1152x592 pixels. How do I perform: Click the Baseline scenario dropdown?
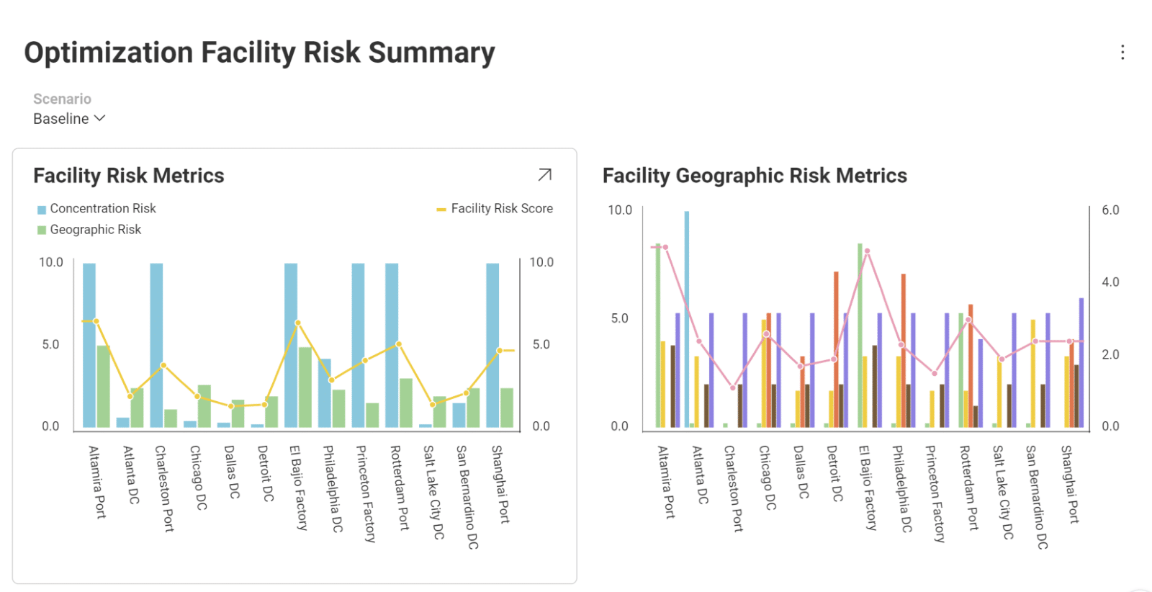(x=69, y=119)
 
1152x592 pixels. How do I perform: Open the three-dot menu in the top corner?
(x=1122, y=53)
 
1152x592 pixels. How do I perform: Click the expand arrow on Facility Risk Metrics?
(x=545, y=175)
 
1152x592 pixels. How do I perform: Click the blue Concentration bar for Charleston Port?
(x=156, y=346)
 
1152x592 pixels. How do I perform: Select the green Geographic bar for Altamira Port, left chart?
(x=104, y=387)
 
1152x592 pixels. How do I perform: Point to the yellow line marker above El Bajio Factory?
(x=298, y=323)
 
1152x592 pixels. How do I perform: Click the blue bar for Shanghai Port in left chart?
(x=492, y=346)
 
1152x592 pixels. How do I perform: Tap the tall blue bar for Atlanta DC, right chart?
(x=687, y=317)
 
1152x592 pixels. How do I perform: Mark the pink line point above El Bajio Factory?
(x=868, y=251)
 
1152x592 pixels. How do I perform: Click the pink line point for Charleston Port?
(x=733, y=387)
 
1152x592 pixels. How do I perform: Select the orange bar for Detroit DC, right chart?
(x=836, y=349)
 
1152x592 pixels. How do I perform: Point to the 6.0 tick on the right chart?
(x=1110, y=210)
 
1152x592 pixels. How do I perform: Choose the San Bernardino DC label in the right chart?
(x=1036, y=497)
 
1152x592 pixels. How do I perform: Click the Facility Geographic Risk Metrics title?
(x=755, y=176)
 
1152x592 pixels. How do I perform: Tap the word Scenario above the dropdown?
(x=62, y=99)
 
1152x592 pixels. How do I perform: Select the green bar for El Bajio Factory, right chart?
(x=860, y=335)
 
